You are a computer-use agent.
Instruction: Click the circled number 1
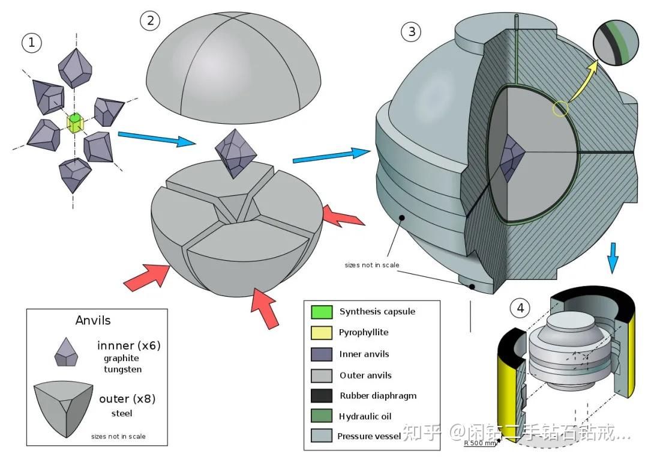(x=32, y=43)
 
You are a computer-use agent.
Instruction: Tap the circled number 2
(x=149, y=21)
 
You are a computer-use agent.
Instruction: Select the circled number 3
(x=412, y=32)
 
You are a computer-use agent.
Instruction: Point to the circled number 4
(x=520, y=308)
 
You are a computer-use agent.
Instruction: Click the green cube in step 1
(x=74, y=123)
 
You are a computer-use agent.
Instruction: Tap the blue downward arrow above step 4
(x=612, y=258)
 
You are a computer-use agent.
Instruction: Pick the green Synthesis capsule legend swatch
(x=322, y=312)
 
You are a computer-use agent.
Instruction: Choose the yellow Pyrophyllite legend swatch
(x=322, y=333)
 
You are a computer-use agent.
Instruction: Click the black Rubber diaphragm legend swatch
(x=322, y=396)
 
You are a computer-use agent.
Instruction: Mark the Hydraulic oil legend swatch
(x=322, y=416)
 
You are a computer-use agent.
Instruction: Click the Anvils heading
(x=93, y=320)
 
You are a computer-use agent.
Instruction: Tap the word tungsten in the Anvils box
(x=122, y=369)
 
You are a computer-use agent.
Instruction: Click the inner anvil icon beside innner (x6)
(x=66, y=352)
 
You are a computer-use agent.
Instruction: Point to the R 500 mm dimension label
(x=480, y=443)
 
